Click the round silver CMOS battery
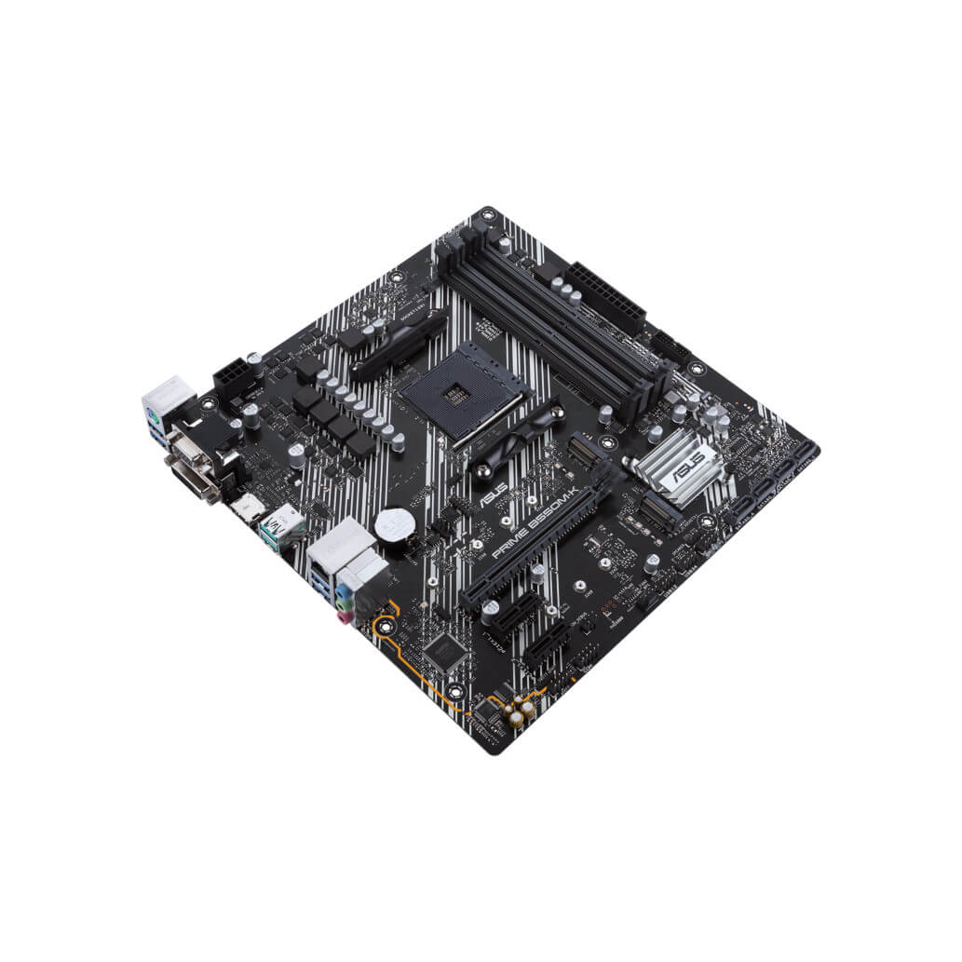pos(394,524)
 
